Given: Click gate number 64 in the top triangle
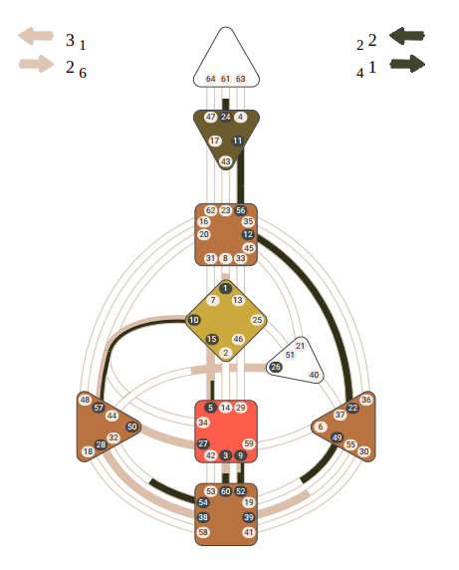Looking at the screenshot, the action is (211, 79).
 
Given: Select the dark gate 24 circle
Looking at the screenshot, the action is (225, 117).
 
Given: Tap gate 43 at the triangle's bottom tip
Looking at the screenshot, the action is (226, 161).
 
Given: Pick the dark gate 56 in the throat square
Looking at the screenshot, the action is (240, 210).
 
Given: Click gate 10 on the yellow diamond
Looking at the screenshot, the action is (193, 320).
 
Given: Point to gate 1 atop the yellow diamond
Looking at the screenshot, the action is (225, 288).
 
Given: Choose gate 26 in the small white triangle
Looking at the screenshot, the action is (276, 367).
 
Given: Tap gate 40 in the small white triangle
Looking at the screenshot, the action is (314, 375).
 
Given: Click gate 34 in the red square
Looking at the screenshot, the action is (203, 423).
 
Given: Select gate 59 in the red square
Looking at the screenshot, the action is (249, 443).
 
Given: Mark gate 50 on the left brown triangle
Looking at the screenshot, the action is (132, 427).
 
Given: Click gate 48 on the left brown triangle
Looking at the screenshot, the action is (85, 400).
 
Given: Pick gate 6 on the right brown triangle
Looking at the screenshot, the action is (321, 427).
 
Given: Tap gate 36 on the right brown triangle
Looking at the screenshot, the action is (366, 400).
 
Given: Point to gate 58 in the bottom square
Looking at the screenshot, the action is (203, 532).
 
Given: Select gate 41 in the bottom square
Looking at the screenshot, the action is (249, 532).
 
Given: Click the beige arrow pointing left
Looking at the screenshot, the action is (36, 36).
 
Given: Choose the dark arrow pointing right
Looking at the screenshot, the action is (407, 64).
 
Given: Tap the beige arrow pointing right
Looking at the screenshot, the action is (36, 64).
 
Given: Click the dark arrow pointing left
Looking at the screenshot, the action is (407, 36).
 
